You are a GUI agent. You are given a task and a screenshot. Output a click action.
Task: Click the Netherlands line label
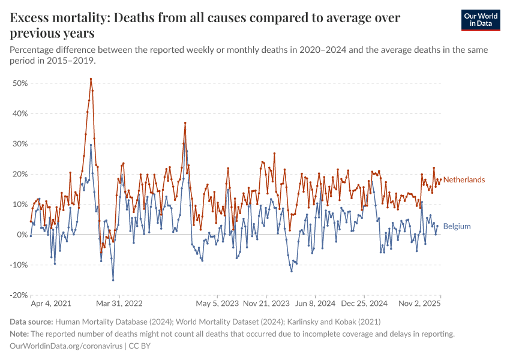click(x=464, y=180)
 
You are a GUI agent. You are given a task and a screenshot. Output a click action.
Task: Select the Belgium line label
click(x=457, y=226)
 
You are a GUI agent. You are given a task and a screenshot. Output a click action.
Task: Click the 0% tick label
click(x=23, y=235)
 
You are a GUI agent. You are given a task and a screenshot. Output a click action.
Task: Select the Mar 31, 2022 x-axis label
click(x=119, y=304)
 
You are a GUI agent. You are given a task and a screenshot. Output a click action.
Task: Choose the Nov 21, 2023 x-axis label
click(x=267, y=304)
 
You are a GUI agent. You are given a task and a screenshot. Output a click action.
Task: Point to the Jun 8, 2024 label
click(x=315, y=304)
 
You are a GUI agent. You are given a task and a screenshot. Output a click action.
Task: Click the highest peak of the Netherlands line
click(x=91, y=79)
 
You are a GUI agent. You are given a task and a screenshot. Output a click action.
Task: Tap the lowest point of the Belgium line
click(x=113, y=280)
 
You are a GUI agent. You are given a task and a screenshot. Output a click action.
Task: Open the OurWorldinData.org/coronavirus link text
click(x=66, y=346)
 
